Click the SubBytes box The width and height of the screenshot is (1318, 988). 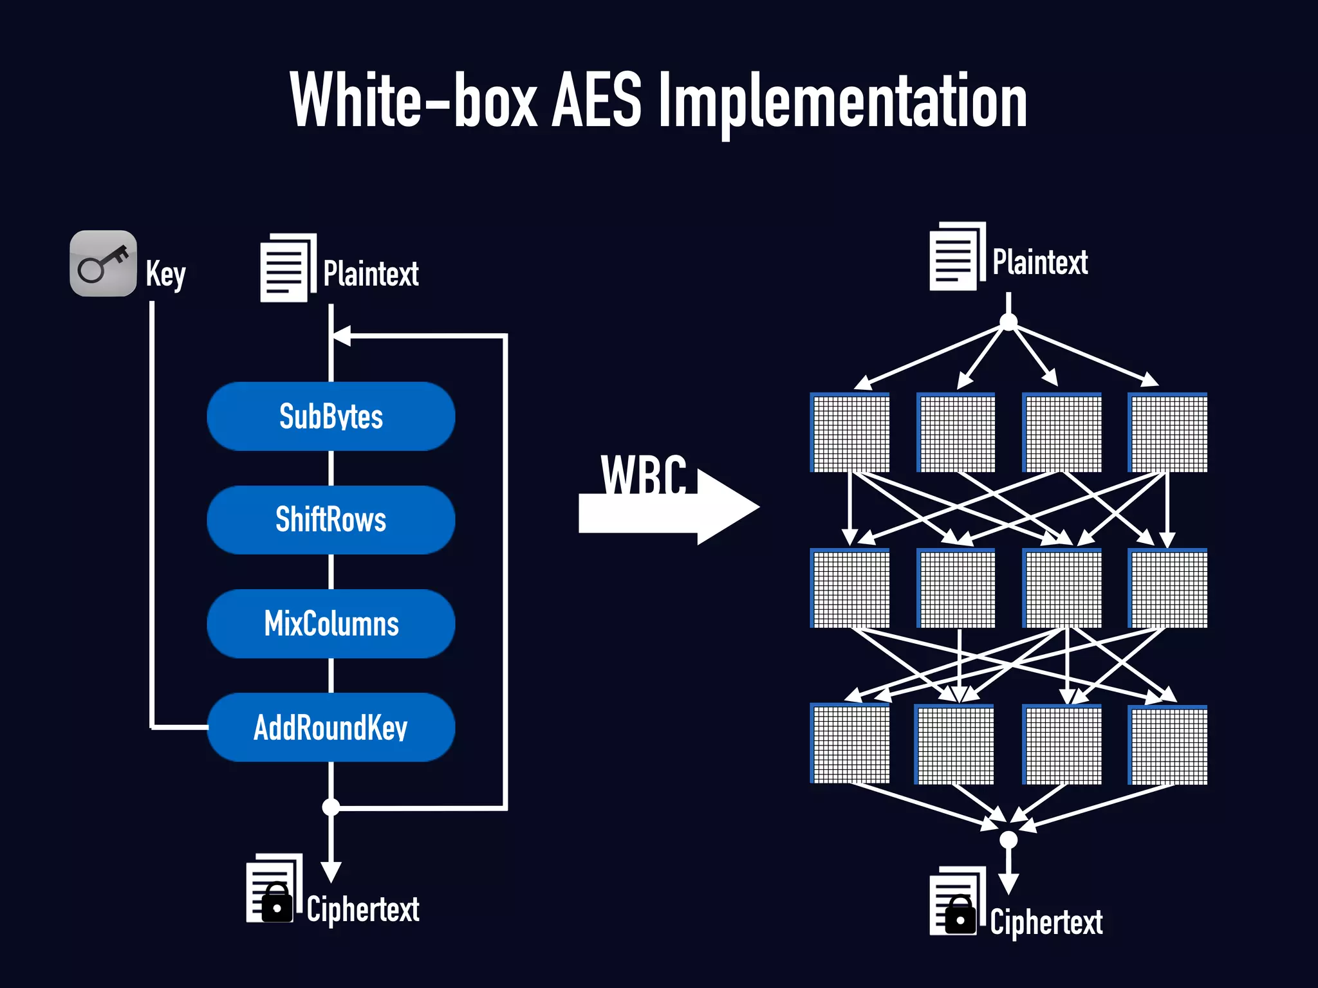coord(331,416)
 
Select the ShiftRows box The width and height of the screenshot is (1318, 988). coord(331,520)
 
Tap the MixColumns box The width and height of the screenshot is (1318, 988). coord(331,623)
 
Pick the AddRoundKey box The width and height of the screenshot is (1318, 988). coord(331,727)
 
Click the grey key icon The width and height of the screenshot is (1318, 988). coord(103,264)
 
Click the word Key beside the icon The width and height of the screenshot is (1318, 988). coord(165,275)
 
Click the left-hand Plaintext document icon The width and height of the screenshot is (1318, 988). coord(287,268)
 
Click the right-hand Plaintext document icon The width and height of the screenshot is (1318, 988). coord(956,257)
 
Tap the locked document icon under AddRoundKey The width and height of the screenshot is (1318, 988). coord(274,890)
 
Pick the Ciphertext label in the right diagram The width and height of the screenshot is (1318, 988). coord(1046,922)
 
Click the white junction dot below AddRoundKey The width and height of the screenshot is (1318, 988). coord(331,807)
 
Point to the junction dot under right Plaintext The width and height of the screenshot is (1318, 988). coord(1008,322)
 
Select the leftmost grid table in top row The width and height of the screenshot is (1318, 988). coord(850,432)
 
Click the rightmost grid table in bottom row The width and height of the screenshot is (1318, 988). coord(1168,745)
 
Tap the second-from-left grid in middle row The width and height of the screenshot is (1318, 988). coord(956,589)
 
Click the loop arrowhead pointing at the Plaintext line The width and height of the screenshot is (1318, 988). coord(342,336)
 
